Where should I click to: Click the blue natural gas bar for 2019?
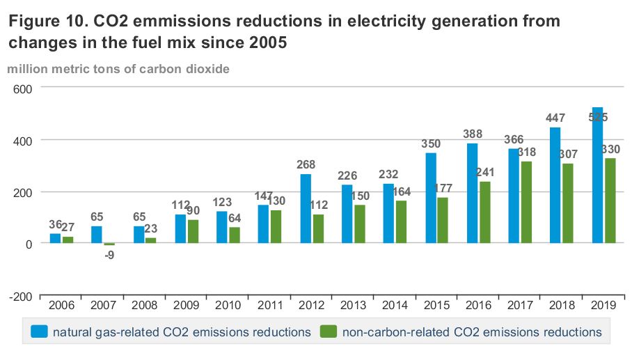coord(597,175)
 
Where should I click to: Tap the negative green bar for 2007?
coord(109,244)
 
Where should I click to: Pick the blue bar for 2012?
coord(306,209)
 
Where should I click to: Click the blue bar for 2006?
coord(55,239)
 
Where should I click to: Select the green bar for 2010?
coord(235,235)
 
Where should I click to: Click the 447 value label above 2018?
coord(555,118)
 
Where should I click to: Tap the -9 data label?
coord(109,255)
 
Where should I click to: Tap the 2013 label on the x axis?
coord(353,306)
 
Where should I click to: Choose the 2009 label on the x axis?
coord(187,306)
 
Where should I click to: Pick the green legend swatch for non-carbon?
coord(327,332)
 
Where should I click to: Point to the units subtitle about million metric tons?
coord(118,68)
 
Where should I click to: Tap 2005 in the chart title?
coord(265,42)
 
